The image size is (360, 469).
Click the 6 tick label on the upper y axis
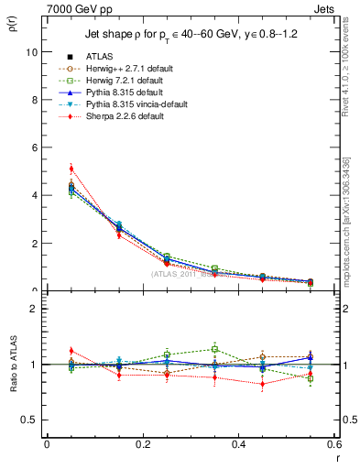click(x=33, y=147)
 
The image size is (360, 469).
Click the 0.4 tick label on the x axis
click(x=237, y=444)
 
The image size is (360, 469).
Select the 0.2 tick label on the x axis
click(x=142, y=444)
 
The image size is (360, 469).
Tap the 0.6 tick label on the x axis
click(x=333, y=444)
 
